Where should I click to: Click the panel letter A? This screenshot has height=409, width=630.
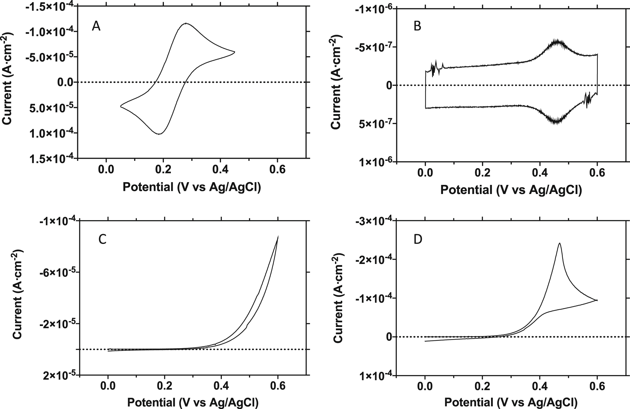96,27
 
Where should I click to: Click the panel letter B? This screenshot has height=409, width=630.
417,26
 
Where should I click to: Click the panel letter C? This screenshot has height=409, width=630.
102,240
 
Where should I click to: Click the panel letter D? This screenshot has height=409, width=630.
418,240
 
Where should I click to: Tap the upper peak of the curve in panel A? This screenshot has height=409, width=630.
186,23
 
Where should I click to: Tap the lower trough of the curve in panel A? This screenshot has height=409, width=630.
159,134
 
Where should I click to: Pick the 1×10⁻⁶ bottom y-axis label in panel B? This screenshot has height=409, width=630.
375,162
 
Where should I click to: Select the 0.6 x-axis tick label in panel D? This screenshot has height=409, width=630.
597,386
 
